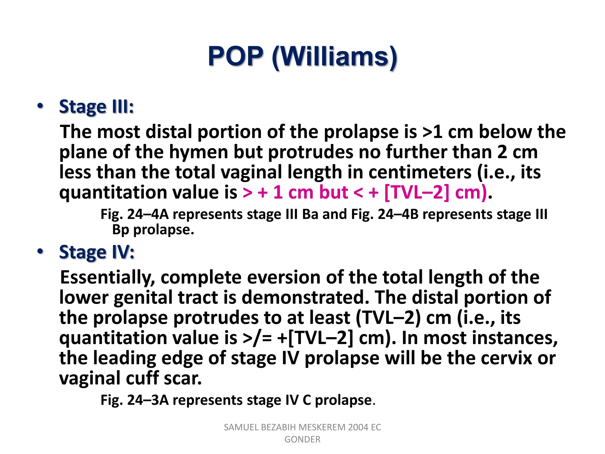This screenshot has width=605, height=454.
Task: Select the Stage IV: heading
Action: pos(97,252)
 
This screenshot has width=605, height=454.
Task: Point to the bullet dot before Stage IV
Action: pos(40,252)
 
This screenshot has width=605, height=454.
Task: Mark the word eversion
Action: pos(284,277)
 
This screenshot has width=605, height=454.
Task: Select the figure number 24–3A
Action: pos(148,400)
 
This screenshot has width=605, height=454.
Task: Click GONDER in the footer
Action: pos(302,440)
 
